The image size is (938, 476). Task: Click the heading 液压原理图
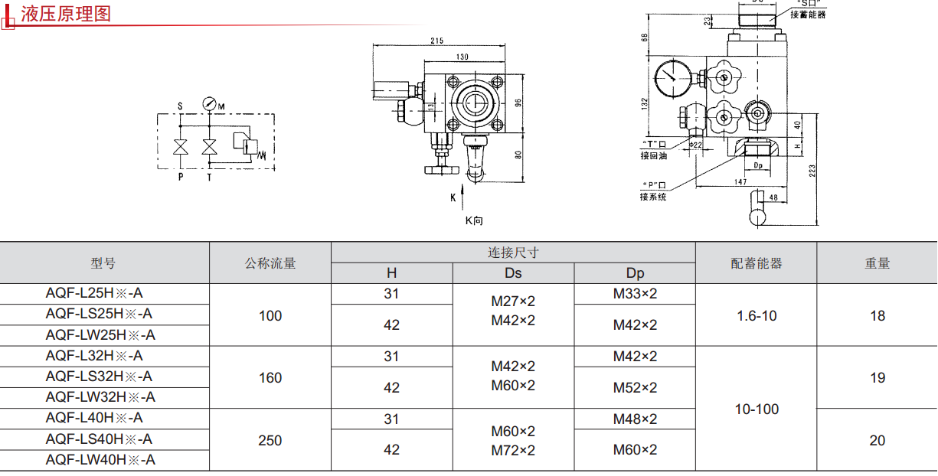(66, 14)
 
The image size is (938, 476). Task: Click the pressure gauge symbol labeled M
(209, 103)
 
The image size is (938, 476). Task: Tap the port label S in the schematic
(180, 106)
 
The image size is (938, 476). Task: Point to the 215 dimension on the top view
(437, 41)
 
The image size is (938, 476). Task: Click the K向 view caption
(475, 220)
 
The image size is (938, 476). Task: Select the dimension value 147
(740, 181)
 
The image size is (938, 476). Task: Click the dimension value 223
(812, 171)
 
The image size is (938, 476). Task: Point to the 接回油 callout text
(654, 156)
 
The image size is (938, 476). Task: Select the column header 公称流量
(270, 263)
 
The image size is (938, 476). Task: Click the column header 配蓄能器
(757, 263)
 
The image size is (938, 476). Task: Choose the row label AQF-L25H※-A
(94, 293)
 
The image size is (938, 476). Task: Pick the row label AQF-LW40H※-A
(100, 460)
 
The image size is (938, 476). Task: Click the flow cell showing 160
(270, 377)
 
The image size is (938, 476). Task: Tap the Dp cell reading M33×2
(635, 293)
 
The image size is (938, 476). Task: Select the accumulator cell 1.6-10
(757, 315)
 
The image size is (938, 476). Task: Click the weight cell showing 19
(878, 377)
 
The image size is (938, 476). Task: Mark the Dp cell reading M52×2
(635, 388)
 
